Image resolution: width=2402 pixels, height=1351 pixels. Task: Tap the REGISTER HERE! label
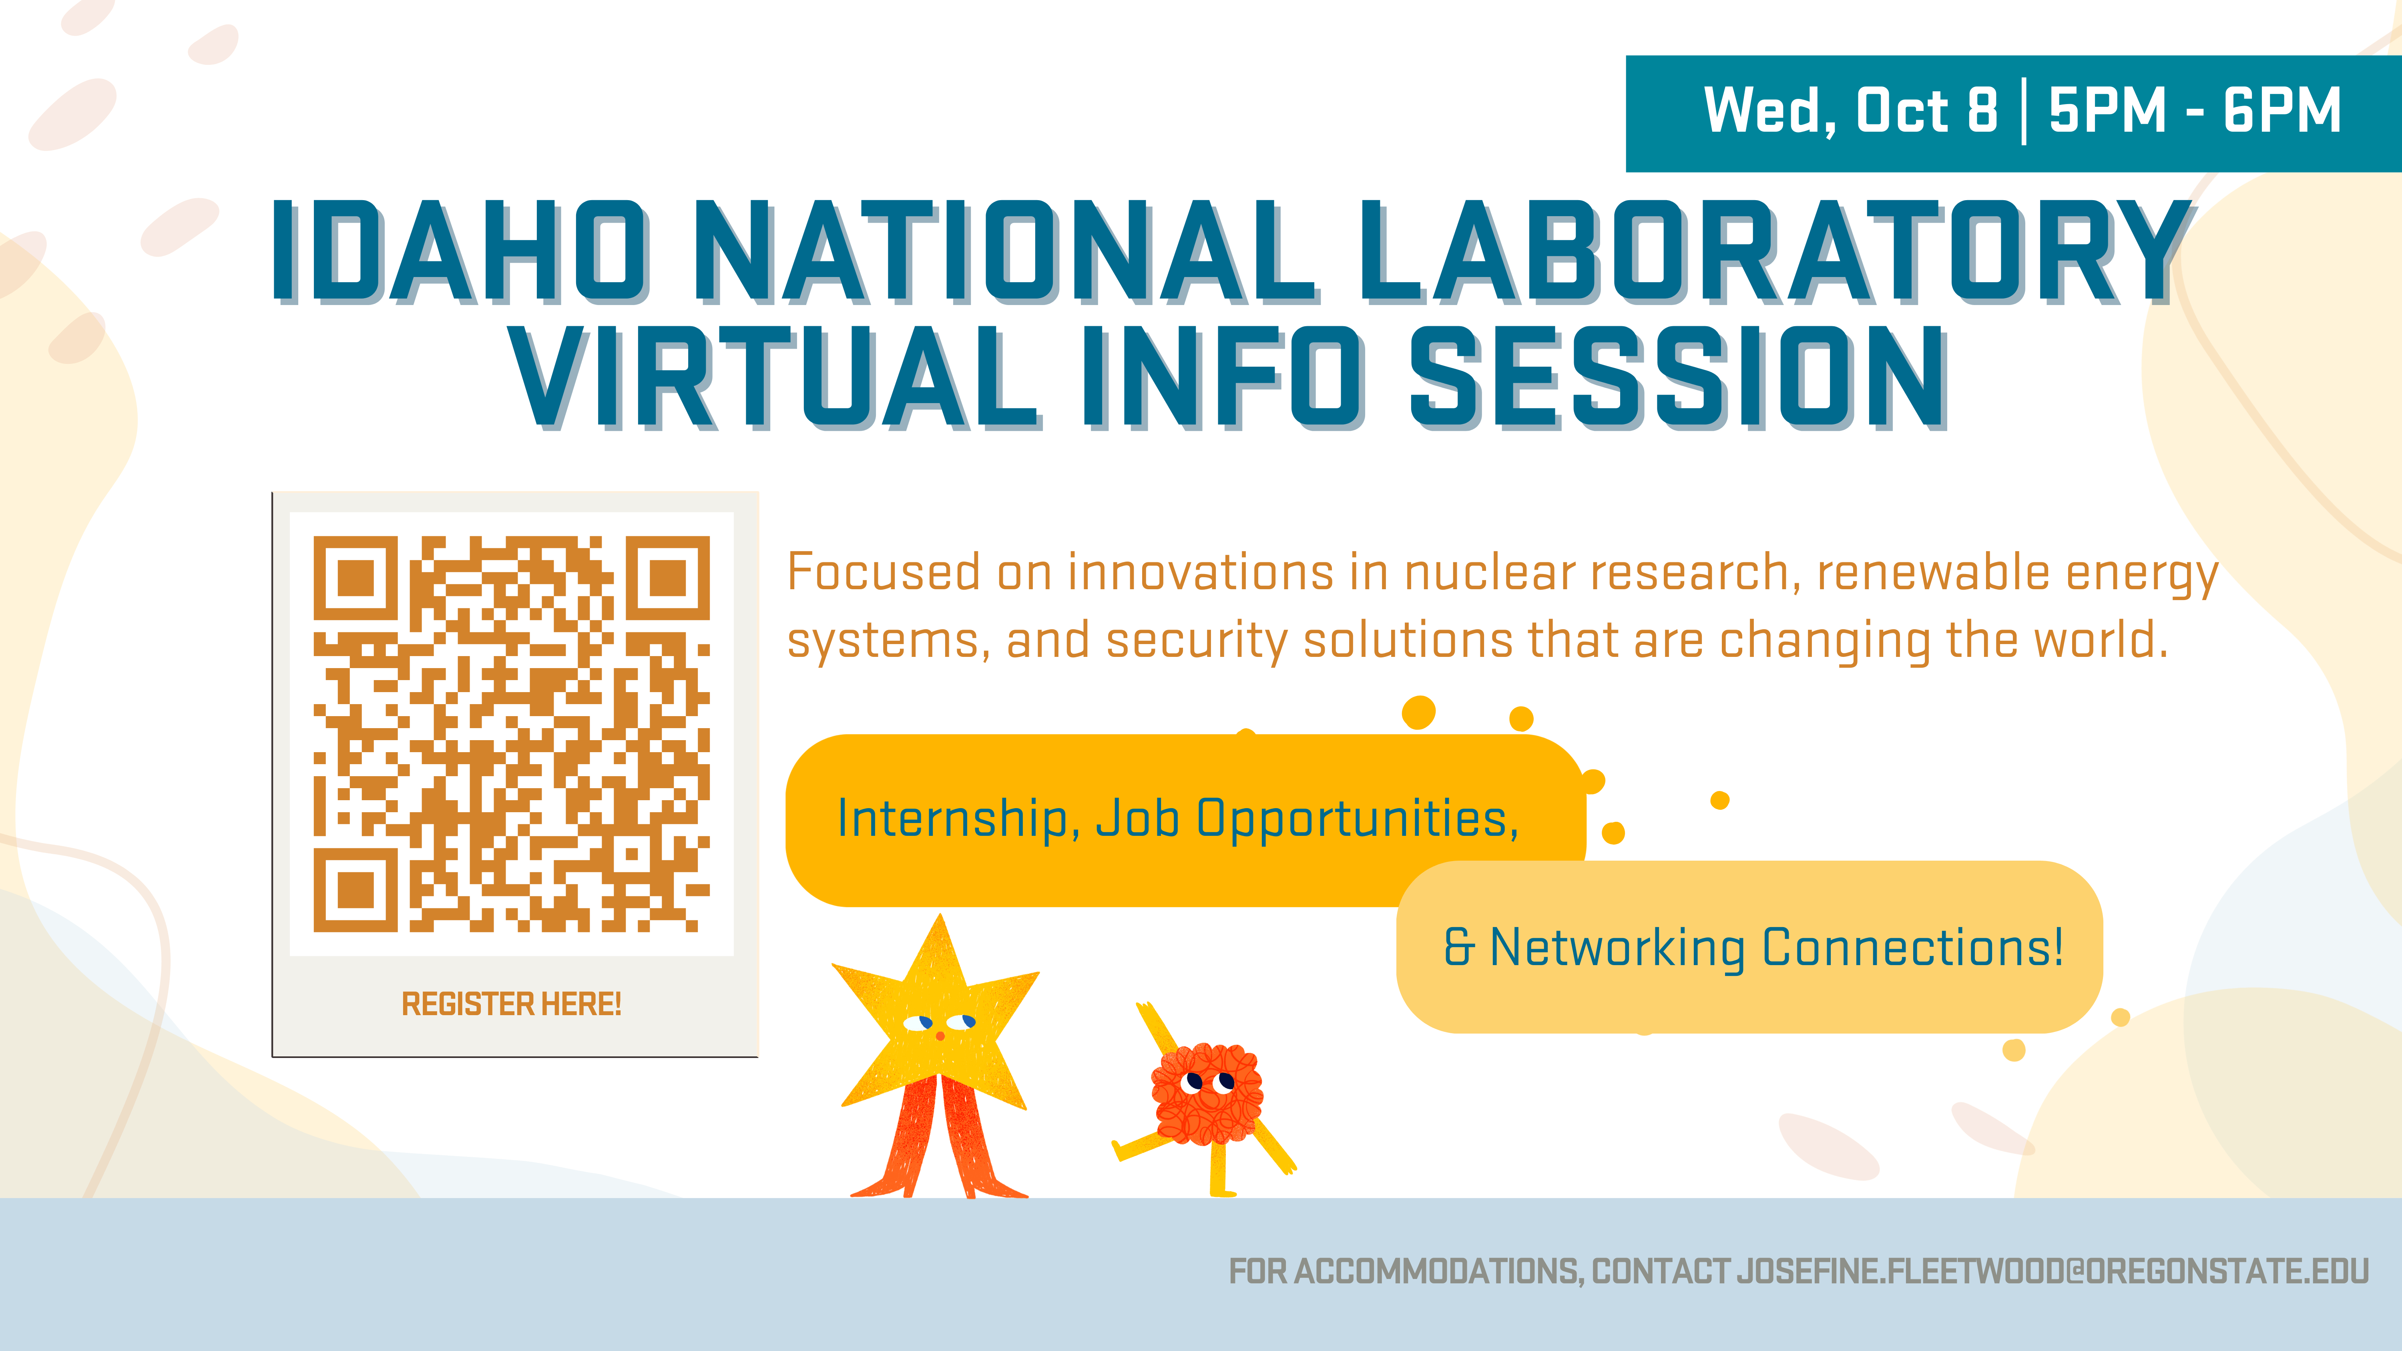pos(511,1004)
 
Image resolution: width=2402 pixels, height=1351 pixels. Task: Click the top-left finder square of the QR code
pos(355,578)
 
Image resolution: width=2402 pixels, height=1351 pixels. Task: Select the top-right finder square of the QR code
pos(668,578)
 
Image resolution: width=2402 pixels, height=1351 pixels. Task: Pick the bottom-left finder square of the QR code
pos(355,890)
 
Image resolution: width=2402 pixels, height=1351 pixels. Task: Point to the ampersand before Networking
pos(1459,947)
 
